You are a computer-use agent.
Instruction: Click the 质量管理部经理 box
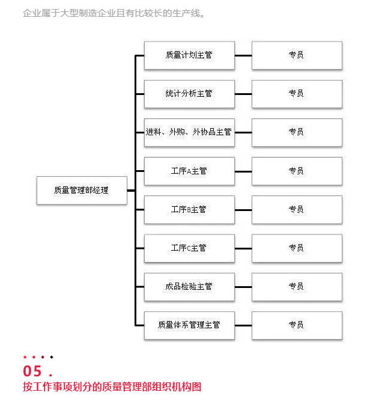tap(82, 190)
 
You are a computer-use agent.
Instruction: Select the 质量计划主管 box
tap(189, 55)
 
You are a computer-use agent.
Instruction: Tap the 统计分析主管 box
tap(189, 94)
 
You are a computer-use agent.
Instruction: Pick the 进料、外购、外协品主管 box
tap(189, 132)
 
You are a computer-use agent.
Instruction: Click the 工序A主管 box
tap(189, 171)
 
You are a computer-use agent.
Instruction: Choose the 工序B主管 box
tap(189, 210)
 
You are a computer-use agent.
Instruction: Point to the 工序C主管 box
tap(189, 248)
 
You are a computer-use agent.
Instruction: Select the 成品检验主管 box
tap(189, 287)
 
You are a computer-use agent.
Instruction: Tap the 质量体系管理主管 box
tap(189, 326)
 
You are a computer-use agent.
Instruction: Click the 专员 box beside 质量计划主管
tap(297, 55)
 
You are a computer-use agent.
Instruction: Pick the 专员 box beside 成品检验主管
tap(297, 287)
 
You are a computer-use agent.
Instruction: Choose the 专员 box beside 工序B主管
tap(297, 210)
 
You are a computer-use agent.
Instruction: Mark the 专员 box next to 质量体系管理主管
tap(297, 326)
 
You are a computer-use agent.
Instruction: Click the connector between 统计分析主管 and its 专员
tap(243, 94)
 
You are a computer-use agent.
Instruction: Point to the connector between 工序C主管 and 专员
tap(243, 248)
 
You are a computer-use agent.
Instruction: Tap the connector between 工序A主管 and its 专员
tap(243, 171)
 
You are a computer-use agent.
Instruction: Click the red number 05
tap(32, 371)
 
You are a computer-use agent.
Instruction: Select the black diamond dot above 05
tap(52, 357)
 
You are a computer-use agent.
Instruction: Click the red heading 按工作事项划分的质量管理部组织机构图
tap(112, 387)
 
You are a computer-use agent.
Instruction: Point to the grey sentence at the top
tap(114, 13)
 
